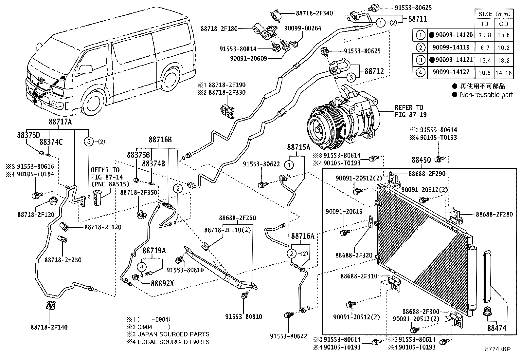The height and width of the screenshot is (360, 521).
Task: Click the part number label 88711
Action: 417,19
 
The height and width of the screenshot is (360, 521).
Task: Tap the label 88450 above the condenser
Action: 421,160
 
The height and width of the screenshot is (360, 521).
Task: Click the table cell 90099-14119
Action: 451,47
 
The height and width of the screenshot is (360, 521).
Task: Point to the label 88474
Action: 496,328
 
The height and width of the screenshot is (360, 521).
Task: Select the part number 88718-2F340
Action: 314,13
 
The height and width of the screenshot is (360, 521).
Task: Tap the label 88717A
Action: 60,122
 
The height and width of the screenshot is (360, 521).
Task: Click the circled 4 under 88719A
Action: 142,267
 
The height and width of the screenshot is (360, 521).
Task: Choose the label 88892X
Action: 162,283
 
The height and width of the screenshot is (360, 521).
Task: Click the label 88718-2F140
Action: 49,327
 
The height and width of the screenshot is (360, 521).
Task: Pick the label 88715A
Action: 298,147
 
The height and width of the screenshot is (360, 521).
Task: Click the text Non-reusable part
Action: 486,95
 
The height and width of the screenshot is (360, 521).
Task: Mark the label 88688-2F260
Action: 237,218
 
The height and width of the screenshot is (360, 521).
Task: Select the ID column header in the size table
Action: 485,24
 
